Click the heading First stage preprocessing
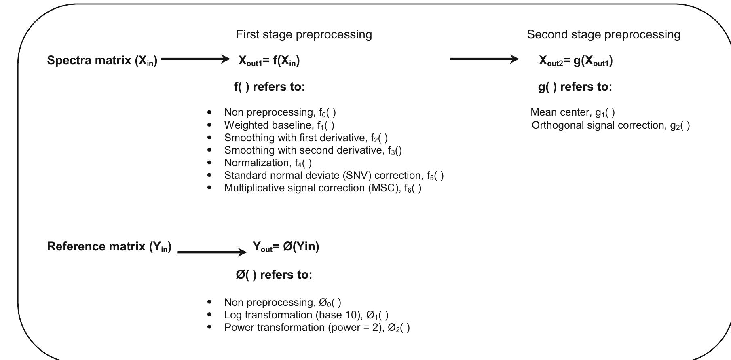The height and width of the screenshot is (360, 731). pyautogui.click(x=304, y=34)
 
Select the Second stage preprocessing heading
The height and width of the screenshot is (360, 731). pyautogui.click(x=603, y=34)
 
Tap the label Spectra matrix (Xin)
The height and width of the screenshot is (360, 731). pyautogui.click(x=102, y=60)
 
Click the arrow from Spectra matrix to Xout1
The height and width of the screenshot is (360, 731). pyautogui.click(x=195, y=59)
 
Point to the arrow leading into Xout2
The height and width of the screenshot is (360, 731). pyautogui.click(x=484, y=59)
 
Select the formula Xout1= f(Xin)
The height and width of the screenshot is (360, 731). pyautogui.click(x=269, y=61)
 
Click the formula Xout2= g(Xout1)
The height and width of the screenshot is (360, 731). pyautogui.click(x=575, y=61)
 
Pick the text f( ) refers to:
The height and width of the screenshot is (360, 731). pyautogui.click(x=269, y=87)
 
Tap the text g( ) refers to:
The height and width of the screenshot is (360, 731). pyautogui.click(x=575, y=87)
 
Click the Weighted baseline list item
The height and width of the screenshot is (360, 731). pyautogui.click(x=279, y=125)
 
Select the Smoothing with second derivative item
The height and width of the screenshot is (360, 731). pyautogui.click(x=313, y=150)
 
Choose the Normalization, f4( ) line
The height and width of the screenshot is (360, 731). pyautogui.click(x=268, y=163)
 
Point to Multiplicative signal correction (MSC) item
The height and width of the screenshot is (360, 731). pyautogui.click(x=323, y=188)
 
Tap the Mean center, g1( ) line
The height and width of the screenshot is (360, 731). pyautogui.click(x=573, y=112)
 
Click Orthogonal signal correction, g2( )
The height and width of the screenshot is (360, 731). pyautogui.click(x=611, y=125)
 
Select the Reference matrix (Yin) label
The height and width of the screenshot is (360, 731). pyautogui.click(x=109, y=246)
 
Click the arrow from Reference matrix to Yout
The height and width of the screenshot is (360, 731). pyautogui.click(x=212, y=252)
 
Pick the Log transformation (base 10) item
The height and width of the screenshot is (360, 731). pyautogui.click(x=306, y=315)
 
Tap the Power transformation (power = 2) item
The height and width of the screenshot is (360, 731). pyautogui.click(x=317, y=327)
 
